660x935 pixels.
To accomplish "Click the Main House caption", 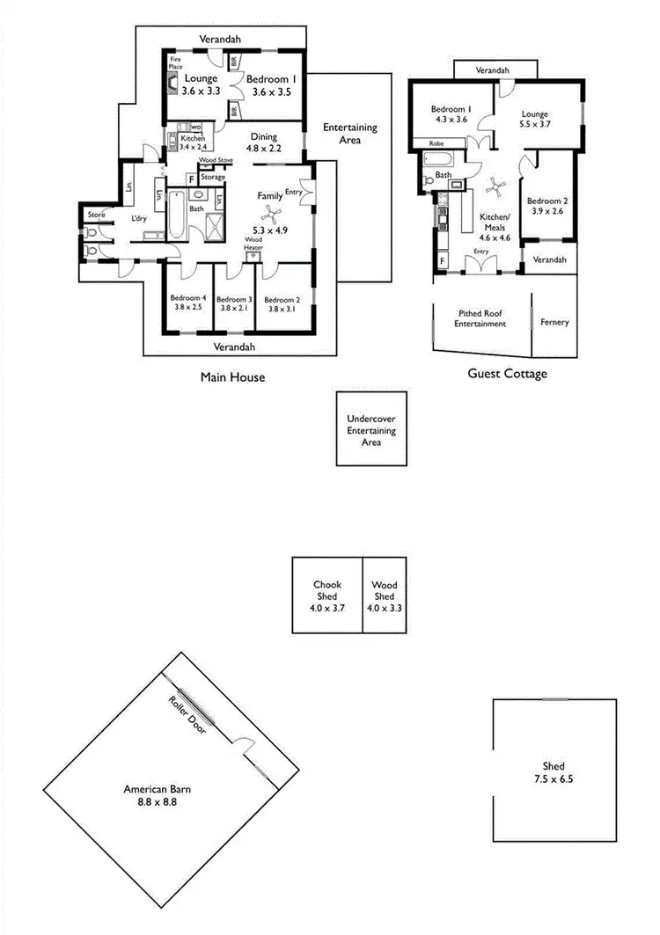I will pyautogui.click(x=232, y=377).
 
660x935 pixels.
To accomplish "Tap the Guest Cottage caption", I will pyautogui.click(x=506, y=374).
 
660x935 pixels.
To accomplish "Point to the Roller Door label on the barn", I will pyautogui.click(x=187, y=714).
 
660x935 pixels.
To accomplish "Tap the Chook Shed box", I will pyautogui.click(x=327, y=595).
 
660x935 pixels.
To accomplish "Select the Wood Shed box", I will pyautogui.click(x=384, y=595).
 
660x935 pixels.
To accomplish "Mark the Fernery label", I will pyautogui.click(x=554, y=322).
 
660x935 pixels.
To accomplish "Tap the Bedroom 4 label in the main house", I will pyautogui.click(x=187, y=302).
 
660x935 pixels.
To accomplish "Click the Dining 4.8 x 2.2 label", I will pyautogui.click(x=264, y=142).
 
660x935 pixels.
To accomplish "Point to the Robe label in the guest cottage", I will pyautogui.click(x=436, y=142).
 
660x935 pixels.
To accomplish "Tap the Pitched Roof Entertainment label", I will pyautogui.click(x=480, y=318).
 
